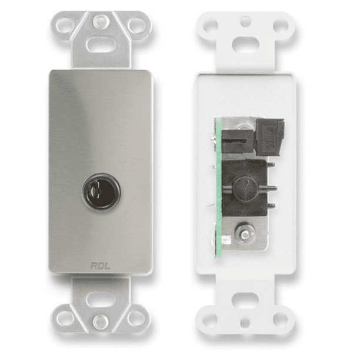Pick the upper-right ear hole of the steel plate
(x=136, y=25)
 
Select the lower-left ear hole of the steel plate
(x=65, y=317)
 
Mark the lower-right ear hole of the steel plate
(x=136, y=317)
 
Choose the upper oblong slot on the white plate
(x=245, y=45)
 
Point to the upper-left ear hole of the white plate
(x=209, y=26)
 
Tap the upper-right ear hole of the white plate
(x=281, y=26)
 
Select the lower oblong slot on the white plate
(x=246, y=299)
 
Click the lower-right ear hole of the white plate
(x=281, y=318)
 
